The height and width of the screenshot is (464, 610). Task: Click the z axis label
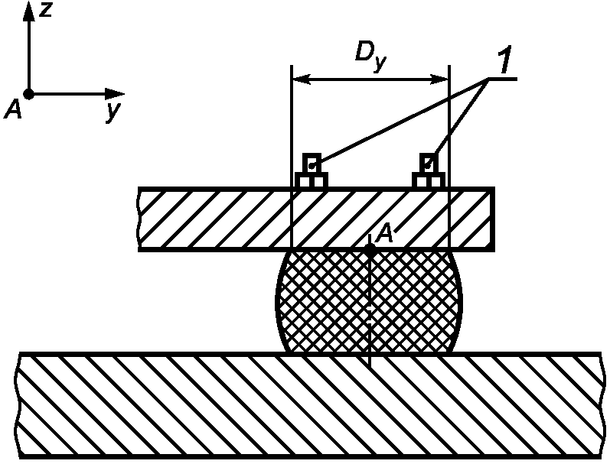click(46, 9)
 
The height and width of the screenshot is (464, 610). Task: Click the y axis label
click(113, 112)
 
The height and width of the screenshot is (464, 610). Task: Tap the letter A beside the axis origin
click(13, 110)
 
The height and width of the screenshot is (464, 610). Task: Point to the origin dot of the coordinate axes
click(28, 94)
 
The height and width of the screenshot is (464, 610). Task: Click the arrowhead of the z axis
click(28, 11)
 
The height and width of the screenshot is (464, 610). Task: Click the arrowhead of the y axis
click(115, 94)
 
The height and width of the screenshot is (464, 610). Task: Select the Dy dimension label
click(370, 57)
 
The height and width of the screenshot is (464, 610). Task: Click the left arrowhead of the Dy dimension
click(300, 79)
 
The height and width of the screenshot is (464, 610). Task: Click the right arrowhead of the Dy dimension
click(439, 79)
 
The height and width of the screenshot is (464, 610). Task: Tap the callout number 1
click(505, 59)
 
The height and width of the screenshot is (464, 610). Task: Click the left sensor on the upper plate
click(312, 170)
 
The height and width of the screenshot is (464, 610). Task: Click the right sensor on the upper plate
click(429, 170)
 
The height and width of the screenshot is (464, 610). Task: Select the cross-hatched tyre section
click(369, 301)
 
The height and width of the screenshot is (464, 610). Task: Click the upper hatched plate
click(316, 219)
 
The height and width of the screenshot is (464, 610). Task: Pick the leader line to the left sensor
click(400, 123)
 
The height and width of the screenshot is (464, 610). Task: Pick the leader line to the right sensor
click(458, 123)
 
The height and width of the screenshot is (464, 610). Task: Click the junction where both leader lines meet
click(488, 79)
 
